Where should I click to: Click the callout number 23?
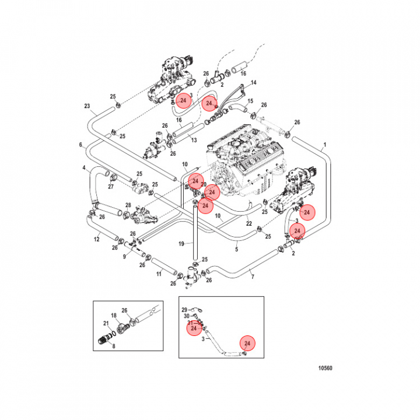[87, 106]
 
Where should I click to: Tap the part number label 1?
[325, 144]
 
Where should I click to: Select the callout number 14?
[254, 83]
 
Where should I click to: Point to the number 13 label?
[194, 141]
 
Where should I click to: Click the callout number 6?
[80, 145]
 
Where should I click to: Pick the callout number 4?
[84, 169]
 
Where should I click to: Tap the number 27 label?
[111, 187]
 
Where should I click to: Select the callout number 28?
[128, 206]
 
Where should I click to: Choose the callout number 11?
[158, 274]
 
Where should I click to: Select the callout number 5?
[237, 249]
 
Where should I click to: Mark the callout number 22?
[249, 223]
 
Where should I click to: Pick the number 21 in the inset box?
[106, 323]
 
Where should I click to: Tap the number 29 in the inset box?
[184, 309]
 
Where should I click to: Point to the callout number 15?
[250, 101]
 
